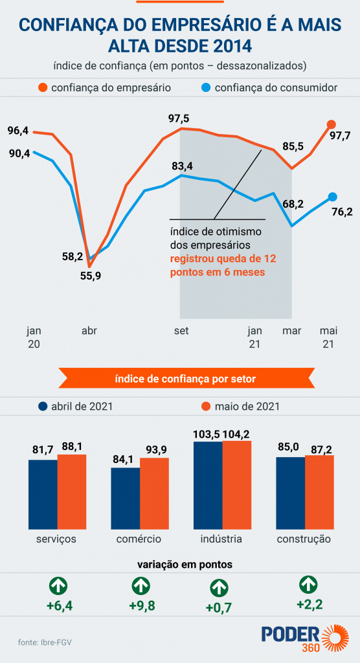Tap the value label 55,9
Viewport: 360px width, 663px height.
coord(90,275)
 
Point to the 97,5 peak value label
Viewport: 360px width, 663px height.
coord(179,118)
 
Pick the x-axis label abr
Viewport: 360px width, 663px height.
coord(89,331)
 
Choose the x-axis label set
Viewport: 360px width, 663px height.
coord(181,331)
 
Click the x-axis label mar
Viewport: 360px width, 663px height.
coord(293,331)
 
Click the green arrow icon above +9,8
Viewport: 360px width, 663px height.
coord(141,587)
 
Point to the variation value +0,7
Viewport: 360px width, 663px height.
coord(218,607)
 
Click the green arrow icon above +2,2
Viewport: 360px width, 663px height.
coord(308,585)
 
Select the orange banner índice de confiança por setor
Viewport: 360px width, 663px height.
coord(180,378)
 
